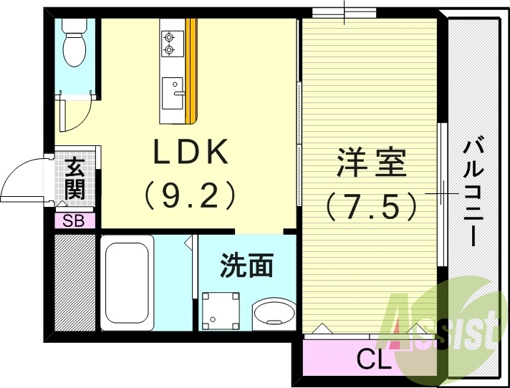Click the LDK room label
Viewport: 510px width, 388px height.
tap(189, 152)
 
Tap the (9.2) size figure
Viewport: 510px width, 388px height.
tap(189, 194)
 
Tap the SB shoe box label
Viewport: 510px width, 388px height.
tap(74, 221)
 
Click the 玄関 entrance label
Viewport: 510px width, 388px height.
tap(74, 179)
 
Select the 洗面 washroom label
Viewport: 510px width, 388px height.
tap(247, 266)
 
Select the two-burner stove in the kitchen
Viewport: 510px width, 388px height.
tap(170, 42)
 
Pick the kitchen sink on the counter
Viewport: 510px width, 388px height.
tap(173, 92)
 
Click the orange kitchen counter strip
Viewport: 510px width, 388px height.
tap(191, 72)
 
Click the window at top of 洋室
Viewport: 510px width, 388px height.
tap(345, 12)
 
